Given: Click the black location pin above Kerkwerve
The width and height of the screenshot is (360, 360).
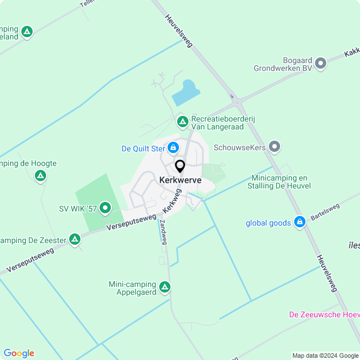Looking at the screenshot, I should (x=180, y=166).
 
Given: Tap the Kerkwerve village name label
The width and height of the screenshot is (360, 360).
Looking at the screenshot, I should (x=180, y=180).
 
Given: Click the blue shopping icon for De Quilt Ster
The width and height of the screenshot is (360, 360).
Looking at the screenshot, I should (x=173, y=148).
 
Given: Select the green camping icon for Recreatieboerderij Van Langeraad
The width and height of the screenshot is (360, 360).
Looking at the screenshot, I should (x=182, y=121).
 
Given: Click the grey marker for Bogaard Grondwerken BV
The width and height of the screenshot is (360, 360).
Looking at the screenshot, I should (x=321, y=63).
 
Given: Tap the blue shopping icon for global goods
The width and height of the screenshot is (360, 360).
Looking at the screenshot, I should (x=300, y=223).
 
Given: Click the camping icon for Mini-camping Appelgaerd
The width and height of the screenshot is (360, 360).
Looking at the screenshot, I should (x=165, y=287).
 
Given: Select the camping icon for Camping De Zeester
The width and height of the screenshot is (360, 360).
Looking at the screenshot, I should (x=75, y=240).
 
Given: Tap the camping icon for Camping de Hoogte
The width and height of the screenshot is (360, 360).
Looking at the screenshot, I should (x=40, y=176).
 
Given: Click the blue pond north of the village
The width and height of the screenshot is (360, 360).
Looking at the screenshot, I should (x=186, y=93).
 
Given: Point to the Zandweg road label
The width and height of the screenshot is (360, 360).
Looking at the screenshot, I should (x=163, y=231).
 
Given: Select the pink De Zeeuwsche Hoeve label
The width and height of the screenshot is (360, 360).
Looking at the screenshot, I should (x=323, y=314).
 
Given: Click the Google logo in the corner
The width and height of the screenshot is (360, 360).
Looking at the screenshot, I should (x=19, y=353).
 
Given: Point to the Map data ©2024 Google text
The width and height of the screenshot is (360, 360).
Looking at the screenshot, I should (x=325, y=355).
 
